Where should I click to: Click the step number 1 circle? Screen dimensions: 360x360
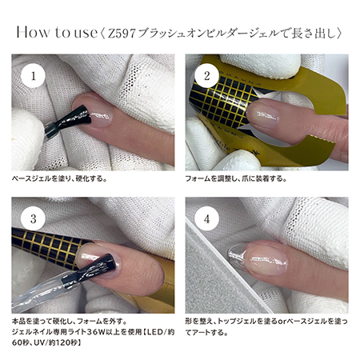coord(33,76)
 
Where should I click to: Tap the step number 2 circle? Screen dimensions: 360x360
coord(207,76)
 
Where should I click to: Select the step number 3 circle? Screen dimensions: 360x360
coord(33,218)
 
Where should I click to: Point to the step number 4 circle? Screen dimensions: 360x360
coord(207,218)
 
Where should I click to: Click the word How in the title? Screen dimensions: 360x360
coord(33,32)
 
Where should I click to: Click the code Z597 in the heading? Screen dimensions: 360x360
coord(122,34)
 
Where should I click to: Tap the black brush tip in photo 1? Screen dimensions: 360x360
coord(77,118)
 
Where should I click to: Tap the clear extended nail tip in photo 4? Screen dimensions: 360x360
coord(236,255)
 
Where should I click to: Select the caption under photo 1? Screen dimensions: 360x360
coord(60,178)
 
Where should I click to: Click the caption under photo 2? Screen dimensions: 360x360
coord(236,178)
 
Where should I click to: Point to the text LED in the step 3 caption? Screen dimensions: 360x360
coord(156,332)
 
